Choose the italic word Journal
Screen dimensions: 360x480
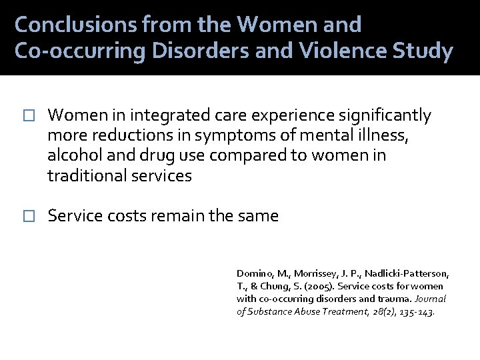431,299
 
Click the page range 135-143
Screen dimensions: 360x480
416,312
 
